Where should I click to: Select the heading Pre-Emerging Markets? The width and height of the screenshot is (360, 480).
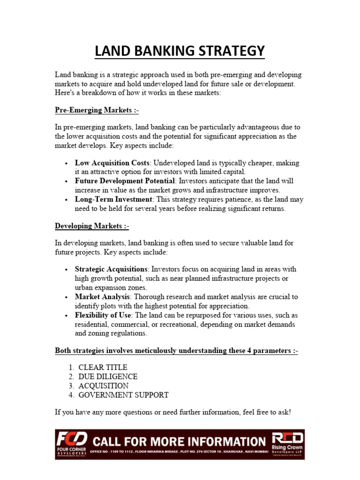pyautogui.click(x=97, y=110)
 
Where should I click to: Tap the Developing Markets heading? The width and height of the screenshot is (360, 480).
pyautogui.click(x=92, y=226)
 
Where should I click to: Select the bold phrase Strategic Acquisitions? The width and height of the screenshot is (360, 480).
pyautogui.click(x=111, y=270)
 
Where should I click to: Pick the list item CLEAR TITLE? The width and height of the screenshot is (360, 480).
pyautogui.click(x=103, y=367)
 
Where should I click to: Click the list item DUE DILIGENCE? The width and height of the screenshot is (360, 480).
pyautogui.click(x=108, y=376)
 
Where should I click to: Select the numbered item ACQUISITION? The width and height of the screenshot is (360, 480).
pyautogui.click(x=103, y=386)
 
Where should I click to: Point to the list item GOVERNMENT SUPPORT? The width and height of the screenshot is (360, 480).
pyautogui.click(x=123, y=395)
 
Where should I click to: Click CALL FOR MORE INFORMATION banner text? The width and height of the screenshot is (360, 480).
pyautogui.click(x=179, y=441)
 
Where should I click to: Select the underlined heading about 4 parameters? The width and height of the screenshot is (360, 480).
pyautogui.click(x=176, y=351)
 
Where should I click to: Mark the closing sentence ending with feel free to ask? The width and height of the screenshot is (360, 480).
pyautogui.click(x=173, y=412)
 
